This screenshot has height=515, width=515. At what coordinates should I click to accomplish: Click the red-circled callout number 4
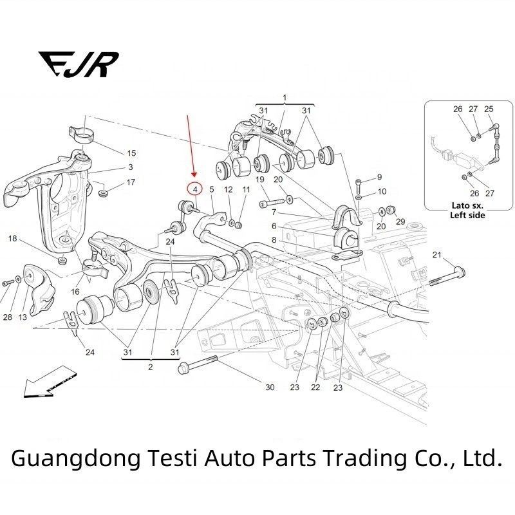click(x=196, y=189)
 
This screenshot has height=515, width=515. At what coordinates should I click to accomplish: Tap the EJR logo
click(x=79, y=64)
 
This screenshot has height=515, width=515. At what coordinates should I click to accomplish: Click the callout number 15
click(x=132, y=153)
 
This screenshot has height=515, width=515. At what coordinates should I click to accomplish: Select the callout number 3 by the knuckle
click(x=131, y=167)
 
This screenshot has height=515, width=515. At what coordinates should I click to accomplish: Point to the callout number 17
click(x=131, y=182)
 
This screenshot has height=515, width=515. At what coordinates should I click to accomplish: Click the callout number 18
click(x=12, y=238)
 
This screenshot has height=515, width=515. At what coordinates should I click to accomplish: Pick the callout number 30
click(x=270, y=388)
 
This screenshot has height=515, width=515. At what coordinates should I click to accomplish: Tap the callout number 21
click(x=436, y=254)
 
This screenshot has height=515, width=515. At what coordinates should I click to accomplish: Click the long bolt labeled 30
click(x=198, y=364)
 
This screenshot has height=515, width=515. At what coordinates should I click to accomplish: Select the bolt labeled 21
click(x=447, y=276)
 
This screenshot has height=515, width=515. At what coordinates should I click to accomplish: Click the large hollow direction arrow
click(x=50, y=381)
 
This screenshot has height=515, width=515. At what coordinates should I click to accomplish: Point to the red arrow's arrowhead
click(x=194, y=174)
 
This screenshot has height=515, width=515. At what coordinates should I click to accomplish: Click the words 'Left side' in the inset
click(x=467, y=215)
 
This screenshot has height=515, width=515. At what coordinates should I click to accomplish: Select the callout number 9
click(x=379, y=177)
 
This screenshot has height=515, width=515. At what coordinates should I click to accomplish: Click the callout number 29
click(x=400, y=221)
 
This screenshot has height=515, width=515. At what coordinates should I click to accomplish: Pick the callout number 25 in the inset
click(x=489, y=109)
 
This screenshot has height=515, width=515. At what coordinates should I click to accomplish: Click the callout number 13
click(x=23, y=317)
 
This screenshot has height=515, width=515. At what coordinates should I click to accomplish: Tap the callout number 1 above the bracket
click(x=285, y=98)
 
